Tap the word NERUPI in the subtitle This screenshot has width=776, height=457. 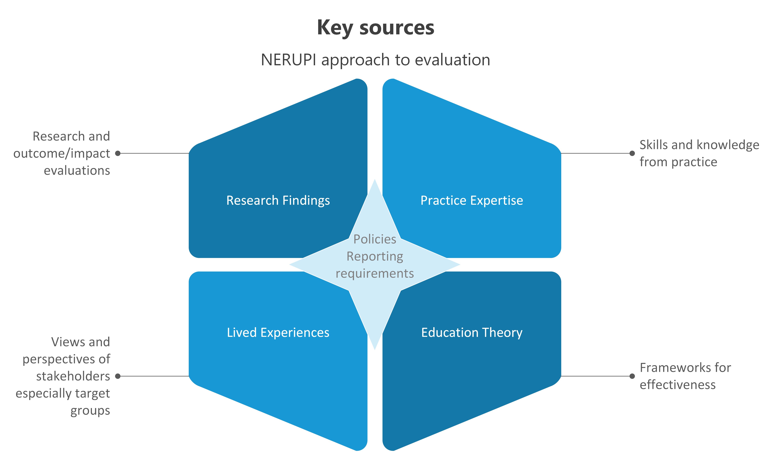[x=288, y=60]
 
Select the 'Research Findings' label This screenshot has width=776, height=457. [x=278, y=200]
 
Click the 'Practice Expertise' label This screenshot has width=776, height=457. [x=472, y=200]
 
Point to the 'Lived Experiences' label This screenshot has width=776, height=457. [x=278, y=333]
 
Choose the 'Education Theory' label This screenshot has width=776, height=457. [x=472, y=333]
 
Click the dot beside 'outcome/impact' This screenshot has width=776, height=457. [x=118, y=153]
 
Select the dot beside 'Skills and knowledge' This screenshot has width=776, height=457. [x=632, y=153]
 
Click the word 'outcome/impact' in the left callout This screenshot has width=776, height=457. [x=62, y=153]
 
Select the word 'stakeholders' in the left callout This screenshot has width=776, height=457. [x=73, y=376]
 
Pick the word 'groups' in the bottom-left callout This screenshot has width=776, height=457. [x=90, y=411]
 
